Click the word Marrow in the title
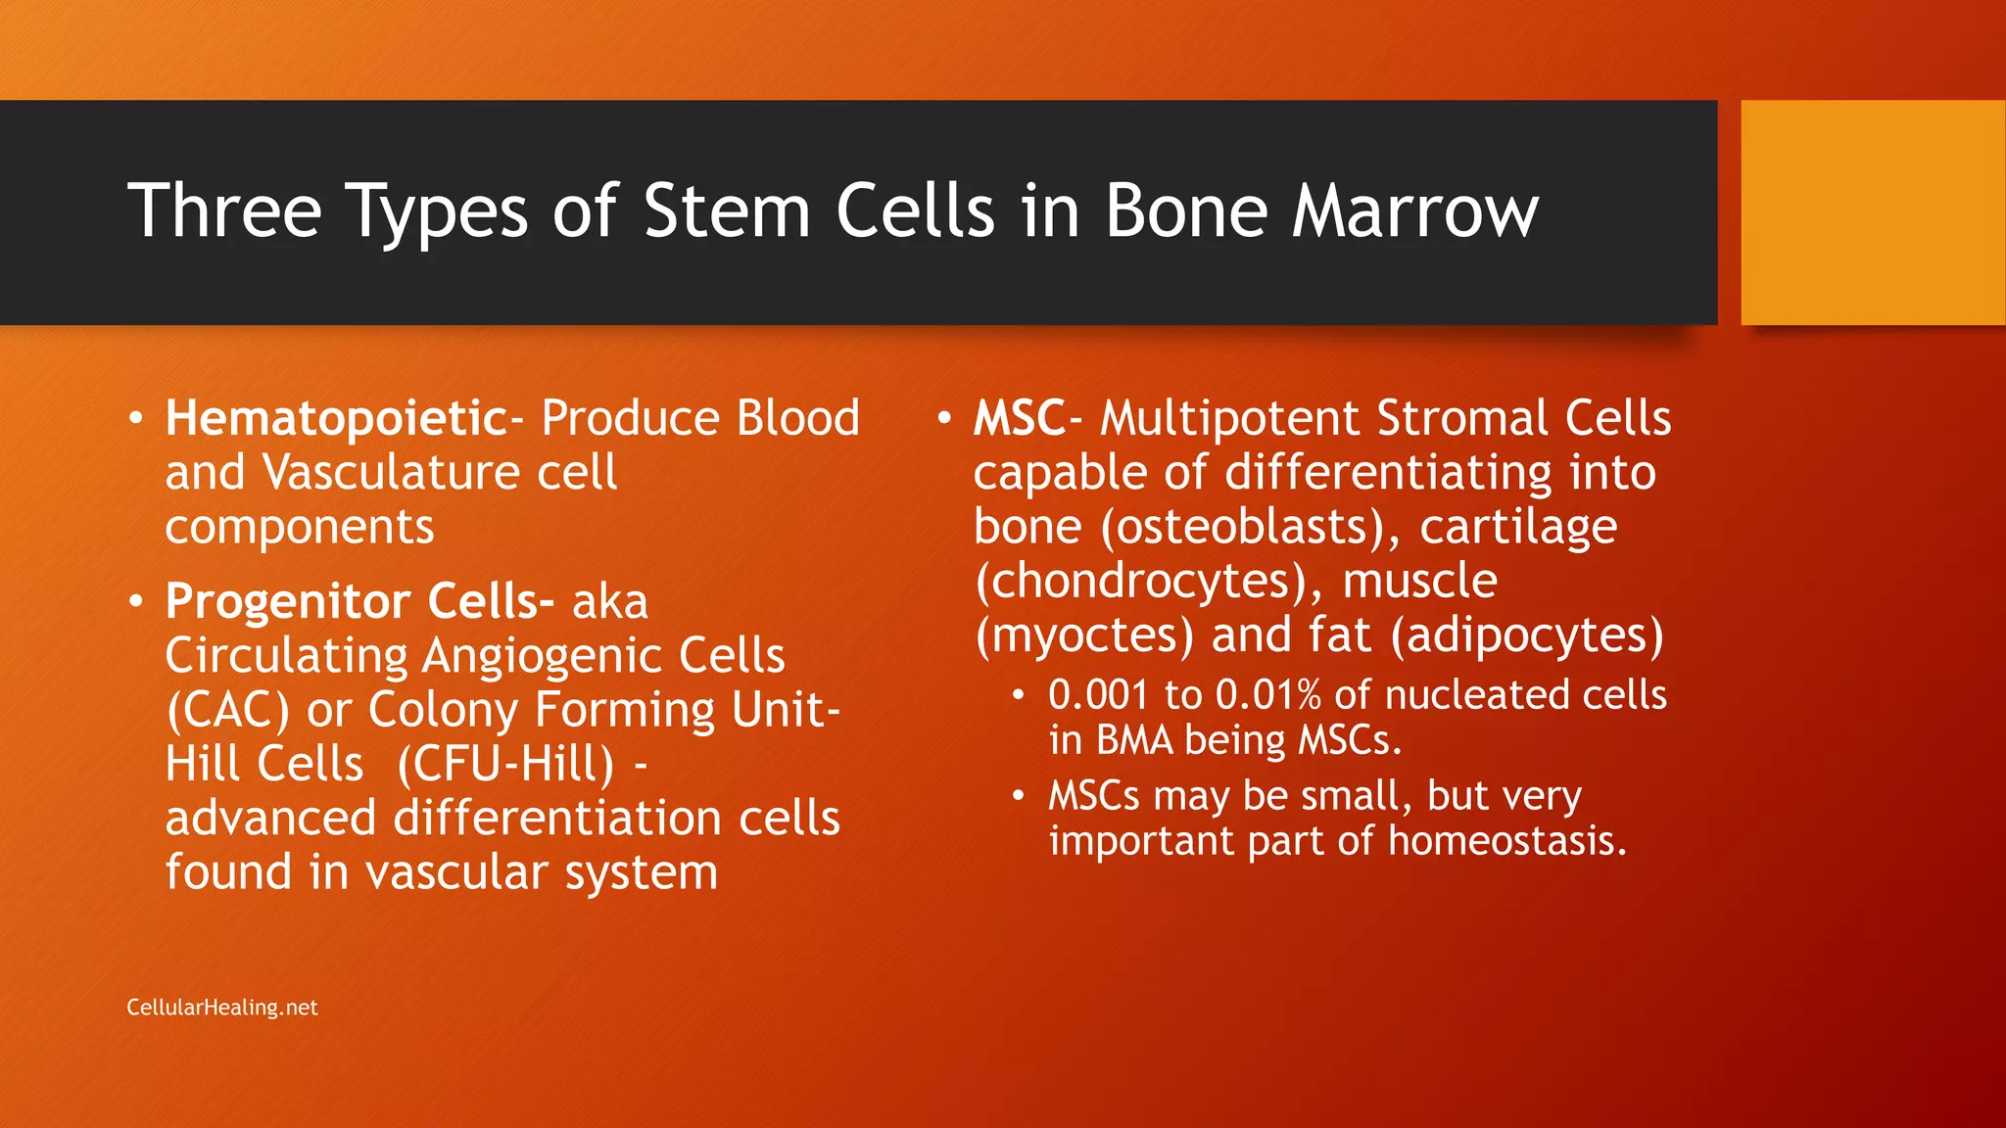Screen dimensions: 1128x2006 click(1415, 211)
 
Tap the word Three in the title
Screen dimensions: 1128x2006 click(224, 211)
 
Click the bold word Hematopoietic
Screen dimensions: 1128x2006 click(335, 419)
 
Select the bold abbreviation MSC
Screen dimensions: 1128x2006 click(1019, 419)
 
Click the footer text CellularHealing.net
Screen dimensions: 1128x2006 click(222, 1008)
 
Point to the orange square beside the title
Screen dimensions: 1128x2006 click(1873, 212)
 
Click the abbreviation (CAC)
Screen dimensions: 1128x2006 click(227, 711)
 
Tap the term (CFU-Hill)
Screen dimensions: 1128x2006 click(506, 765)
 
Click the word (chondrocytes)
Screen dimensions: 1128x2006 click(1150, 582)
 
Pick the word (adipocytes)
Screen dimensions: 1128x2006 click(1527, 635)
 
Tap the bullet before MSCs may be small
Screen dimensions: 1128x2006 click(1019, 796)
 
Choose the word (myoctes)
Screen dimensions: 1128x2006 click(1084, 635)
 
